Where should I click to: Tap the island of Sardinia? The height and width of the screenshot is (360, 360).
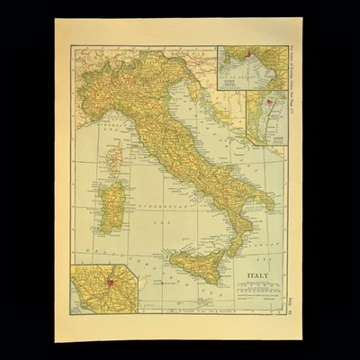click(112, 206)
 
